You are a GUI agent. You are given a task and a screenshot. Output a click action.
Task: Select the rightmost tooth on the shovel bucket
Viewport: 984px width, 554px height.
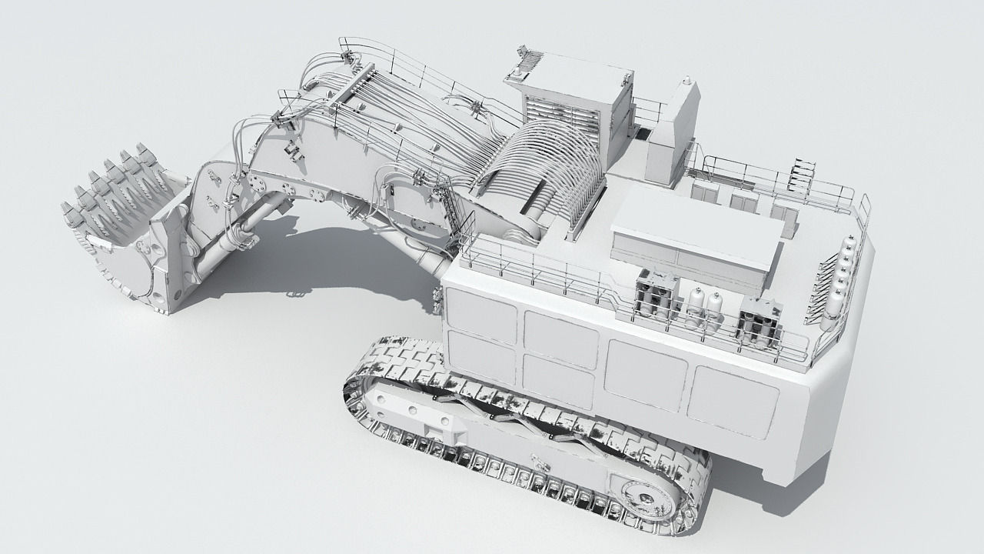(x=143, y=151)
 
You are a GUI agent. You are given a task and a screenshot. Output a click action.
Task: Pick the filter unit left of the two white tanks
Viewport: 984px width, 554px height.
(x=655, y=295)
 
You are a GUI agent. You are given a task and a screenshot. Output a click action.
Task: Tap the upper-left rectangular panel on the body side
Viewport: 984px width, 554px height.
(x=480, y=316)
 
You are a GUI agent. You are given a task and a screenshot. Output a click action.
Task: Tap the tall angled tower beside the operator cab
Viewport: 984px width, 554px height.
(x=673, y=135)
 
